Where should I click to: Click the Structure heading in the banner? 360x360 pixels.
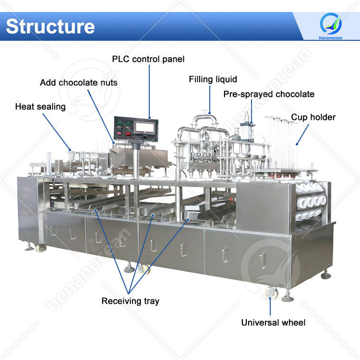pos(50,26)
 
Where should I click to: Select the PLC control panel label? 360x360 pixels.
pos(148,60)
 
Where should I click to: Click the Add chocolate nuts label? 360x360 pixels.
pos(79,83)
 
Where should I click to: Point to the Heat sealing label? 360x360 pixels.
pos(40,107)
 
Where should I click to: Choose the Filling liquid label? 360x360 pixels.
pos(213,79)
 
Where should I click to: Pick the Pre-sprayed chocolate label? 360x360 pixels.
pos(269,94)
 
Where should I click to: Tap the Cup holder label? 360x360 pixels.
pos(313,117)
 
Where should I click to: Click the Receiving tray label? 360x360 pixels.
pos(130,301)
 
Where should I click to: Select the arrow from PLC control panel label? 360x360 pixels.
pos(149,91)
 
